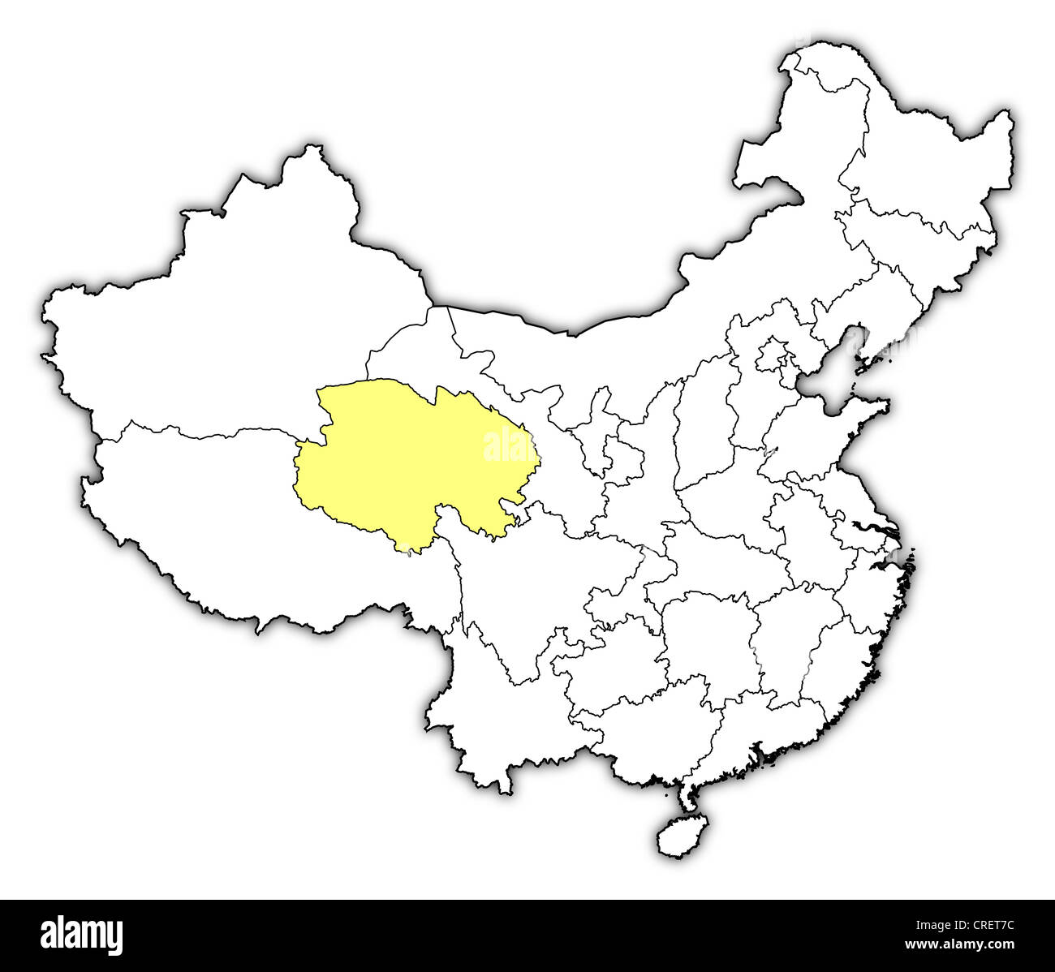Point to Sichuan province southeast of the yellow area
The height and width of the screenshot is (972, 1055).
click(527, 584)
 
